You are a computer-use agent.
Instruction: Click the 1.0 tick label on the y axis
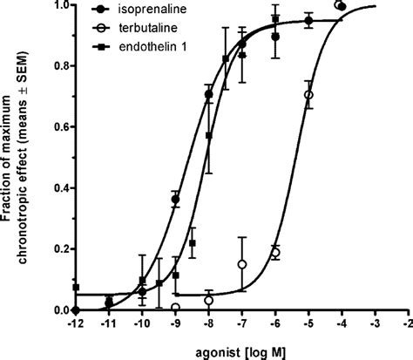[x=57, y=5]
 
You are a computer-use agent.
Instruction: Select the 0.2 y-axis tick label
[x=57, y=248]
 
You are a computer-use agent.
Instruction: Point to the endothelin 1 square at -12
[x=77, y=287]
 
